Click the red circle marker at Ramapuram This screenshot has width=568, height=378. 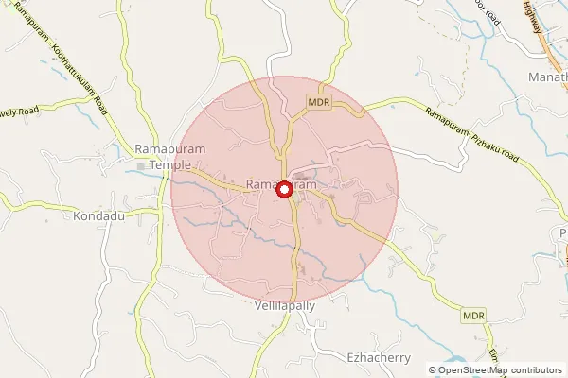tap(284, 190)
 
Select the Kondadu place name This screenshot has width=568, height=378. tap(98, 215)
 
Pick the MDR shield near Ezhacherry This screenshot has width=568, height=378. tap(473, 314)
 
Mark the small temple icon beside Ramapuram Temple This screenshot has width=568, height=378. tap(141, 167)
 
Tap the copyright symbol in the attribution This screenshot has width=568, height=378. tap(433, 370)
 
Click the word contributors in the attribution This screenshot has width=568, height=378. tap(535, 370)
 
